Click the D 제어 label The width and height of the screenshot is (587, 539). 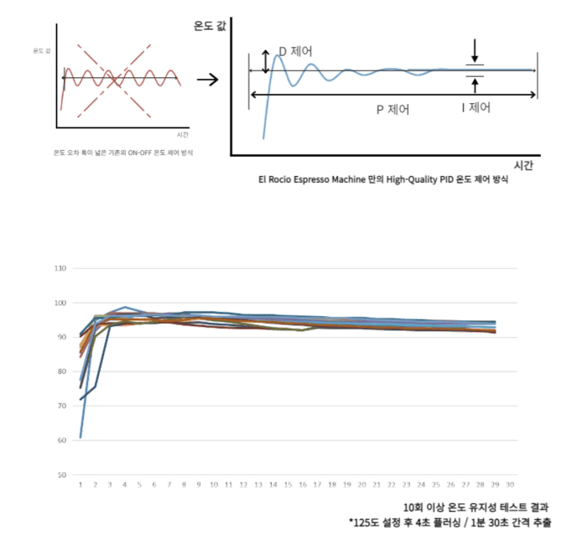point(294,51)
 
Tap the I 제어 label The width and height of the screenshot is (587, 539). point(475,108)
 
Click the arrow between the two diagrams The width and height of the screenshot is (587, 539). point(207,80)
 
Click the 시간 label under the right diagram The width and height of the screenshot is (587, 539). point(522,165)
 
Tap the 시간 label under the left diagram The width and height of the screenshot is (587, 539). point(183,135)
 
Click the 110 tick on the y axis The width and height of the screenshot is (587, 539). point(60,268)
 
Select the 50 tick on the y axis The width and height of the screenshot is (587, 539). point(61,474)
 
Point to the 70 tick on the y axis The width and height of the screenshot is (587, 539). point(61,406)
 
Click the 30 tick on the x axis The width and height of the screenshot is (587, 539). point(511,485)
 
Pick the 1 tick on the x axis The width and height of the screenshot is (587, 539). point(81,485)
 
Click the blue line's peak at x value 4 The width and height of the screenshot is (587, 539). point(125,308)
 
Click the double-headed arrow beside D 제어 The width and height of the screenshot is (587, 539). point(266,60)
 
